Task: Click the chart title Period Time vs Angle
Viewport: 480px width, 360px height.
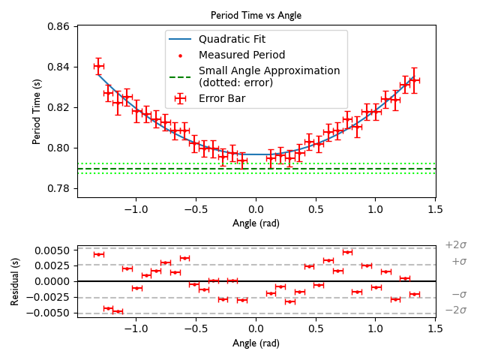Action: [256, 15]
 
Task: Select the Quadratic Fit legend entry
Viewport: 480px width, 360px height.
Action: [232, 39]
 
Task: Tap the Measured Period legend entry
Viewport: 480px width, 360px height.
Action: [241, 55]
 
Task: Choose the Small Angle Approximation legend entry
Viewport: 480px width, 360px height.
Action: [268, 76]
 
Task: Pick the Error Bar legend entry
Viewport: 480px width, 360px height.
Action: [222, 97]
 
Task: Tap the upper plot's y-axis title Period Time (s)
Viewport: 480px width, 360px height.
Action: [37, 112]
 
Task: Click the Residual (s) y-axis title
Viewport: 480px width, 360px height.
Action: [16, 282]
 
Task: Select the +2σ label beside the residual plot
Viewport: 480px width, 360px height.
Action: [455, 245]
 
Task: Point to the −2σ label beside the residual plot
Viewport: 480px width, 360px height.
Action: [455, 310]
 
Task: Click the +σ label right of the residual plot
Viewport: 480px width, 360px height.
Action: [458, 262]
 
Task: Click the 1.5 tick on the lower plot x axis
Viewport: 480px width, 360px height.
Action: [435, 330]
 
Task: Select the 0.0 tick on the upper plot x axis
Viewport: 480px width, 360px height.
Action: [256, 208]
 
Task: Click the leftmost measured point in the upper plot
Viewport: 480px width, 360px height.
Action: [98, 66]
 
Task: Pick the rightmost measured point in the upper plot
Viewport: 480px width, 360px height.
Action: [414, 79]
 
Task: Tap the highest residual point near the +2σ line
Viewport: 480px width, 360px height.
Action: [347, 252]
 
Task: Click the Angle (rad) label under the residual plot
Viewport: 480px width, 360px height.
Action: [256, 343]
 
